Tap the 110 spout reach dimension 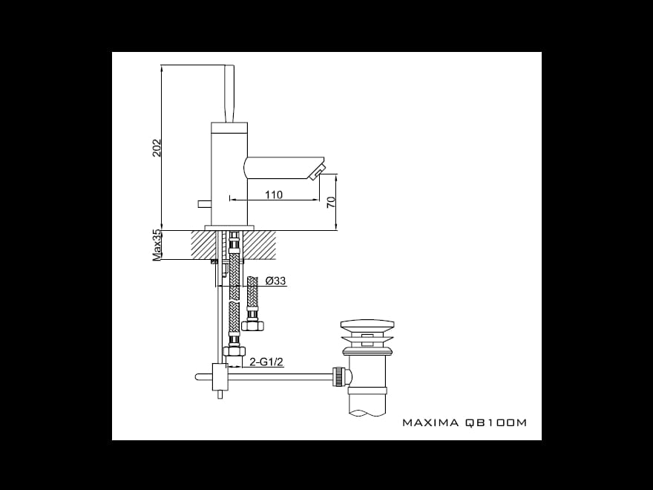pyautogui.click(x=274, y=195)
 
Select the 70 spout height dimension pyautogui.click(x=331, y=203)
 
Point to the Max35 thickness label pyautogui.click(x=157, y=246)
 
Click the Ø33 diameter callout pyautogui.click(x=276, y=281)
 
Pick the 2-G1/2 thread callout pyautogui.click(x=266, y=362)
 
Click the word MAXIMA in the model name pyautogui.click(x=430, y=422)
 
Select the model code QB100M pyautogui.click(x=496, y=422)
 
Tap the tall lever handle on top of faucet pyautogui.click(x=229, y=94)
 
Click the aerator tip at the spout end pyautogui.click(x=318, y=172)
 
